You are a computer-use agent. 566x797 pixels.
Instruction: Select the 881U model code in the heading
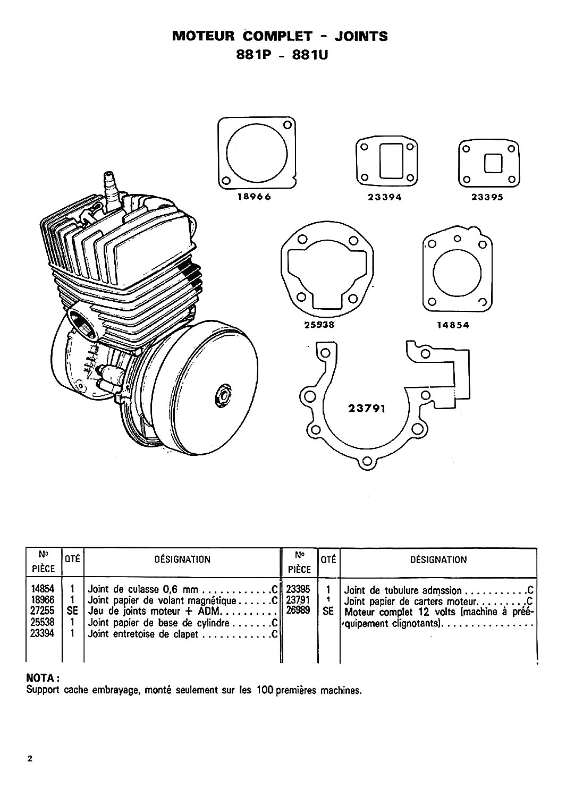pos(309,55)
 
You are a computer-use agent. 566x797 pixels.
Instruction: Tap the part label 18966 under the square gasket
pos(254,197)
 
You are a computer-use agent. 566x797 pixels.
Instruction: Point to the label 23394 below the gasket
pos(384,197)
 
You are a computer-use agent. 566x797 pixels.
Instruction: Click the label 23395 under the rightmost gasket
pos(487,197)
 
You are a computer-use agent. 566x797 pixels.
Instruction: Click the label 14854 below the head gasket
pos(453,325)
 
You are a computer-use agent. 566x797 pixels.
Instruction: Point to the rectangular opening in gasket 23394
pos(391,160)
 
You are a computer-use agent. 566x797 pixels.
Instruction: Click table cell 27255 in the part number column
pos(43,611)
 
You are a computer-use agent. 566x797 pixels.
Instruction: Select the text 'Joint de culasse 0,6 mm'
pos(143,590)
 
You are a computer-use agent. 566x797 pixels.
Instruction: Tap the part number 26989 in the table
pos(298,610)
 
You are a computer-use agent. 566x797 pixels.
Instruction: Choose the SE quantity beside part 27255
pos(72,611)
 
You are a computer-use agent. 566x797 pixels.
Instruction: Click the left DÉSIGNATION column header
pos(182,559)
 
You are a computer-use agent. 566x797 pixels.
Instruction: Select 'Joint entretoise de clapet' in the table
pos(143,634)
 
